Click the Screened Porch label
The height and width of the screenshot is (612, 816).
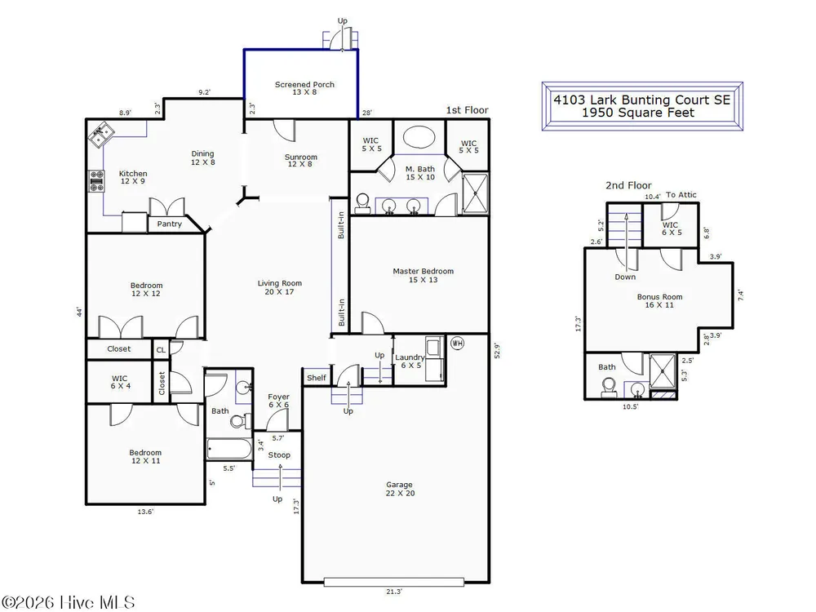click(304, 88)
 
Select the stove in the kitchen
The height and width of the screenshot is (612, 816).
click(97, 181)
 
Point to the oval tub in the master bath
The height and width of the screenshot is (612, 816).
click(419, 138)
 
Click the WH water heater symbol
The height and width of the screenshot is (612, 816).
click(457, 344)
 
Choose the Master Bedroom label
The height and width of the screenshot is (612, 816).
click(423, 275)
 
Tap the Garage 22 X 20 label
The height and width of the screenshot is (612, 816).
click(400, 489)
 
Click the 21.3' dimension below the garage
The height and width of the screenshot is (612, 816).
click(394, 592)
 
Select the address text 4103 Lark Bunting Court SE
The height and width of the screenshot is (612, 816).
click(642, 100)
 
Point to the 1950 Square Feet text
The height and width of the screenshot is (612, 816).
click(638, 113)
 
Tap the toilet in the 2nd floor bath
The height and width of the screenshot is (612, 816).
click(609, 387)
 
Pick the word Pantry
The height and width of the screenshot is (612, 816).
click(169, 224)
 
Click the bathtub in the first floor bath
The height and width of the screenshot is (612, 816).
click(229, 449)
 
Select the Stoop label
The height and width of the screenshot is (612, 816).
click(279, 455)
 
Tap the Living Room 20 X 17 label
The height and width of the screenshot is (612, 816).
click(279, 287)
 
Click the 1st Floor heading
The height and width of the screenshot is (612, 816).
click(467, 110)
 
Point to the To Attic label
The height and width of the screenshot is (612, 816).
click(681, 195)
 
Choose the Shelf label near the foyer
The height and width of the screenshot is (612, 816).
click(317, 378)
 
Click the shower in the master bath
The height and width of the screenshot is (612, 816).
click(476, 193)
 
